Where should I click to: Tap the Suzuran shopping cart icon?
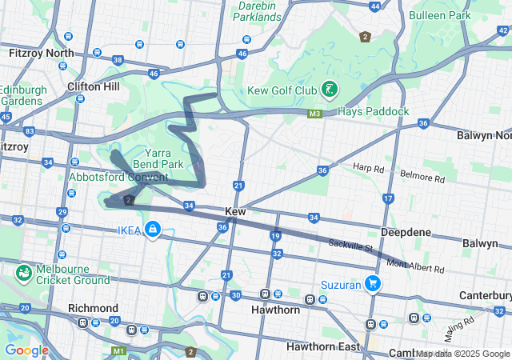[x=372, y=282]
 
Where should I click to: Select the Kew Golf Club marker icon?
[x=329, y=90]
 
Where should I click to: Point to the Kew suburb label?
[x=235, y=211]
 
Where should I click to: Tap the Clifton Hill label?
[x=94, y=86]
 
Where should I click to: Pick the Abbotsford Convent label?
[x=118, y=176]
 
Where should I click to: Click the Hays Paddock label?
[x=374, y=110]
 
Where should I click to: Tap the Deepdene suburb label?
[x=406, y=232]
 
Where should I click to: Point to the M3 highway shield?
[x=314, y=114]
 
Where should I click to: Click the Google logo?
[x=26, y=350]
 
